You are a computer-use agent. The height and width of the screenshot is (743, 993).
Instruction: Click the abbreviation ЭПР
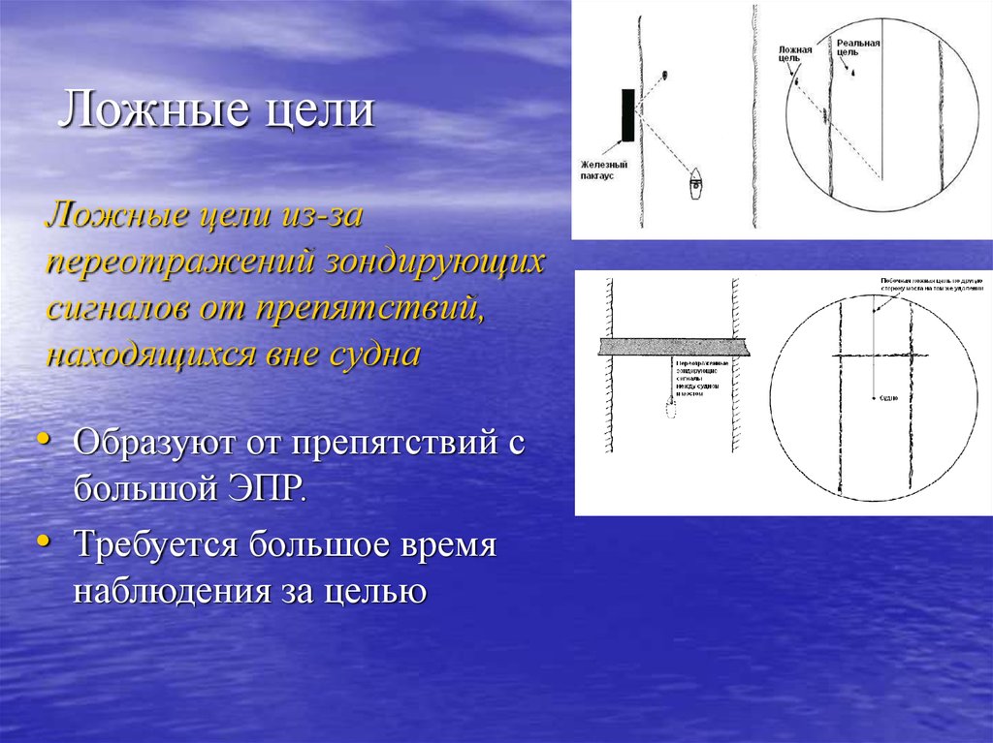[265, 484]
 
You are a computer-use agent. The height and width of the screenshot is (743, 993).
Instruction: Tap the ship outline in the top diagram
[696, 183]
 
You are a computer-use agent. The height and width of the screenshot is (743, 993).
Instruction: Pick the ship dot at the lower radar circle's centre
[874, 396]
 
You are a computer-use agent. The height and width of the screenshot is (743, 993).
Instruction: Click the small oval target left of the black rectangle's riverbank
[665, 75]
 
